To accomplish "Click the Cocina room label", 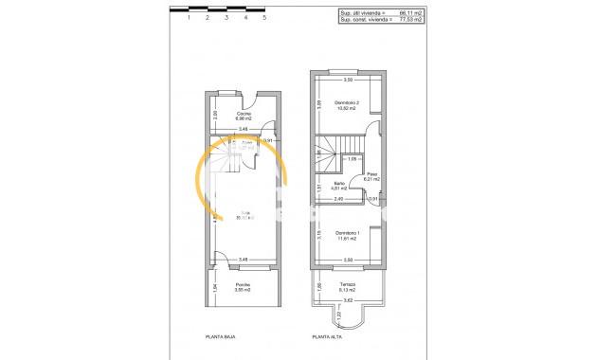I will point(244,114).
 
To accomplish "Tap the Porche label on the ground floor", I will point(244,285).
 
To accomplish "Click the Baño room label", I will point(338,185).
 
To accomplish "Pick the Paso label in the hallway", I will point(372,173).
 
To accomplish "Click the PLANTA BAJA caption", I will point(220,336).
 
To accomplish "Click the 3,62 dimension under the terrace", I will point(348,300).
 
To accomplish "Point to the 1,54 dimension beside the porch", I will point(215,287).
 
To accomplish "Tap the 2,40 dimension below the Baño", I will point(338,198).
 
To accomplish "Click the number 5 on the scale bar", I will point(264,17).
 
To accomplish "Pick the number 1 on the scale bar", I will point(190,17).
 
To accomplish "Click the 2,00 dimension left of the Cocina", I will point(215,114).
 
